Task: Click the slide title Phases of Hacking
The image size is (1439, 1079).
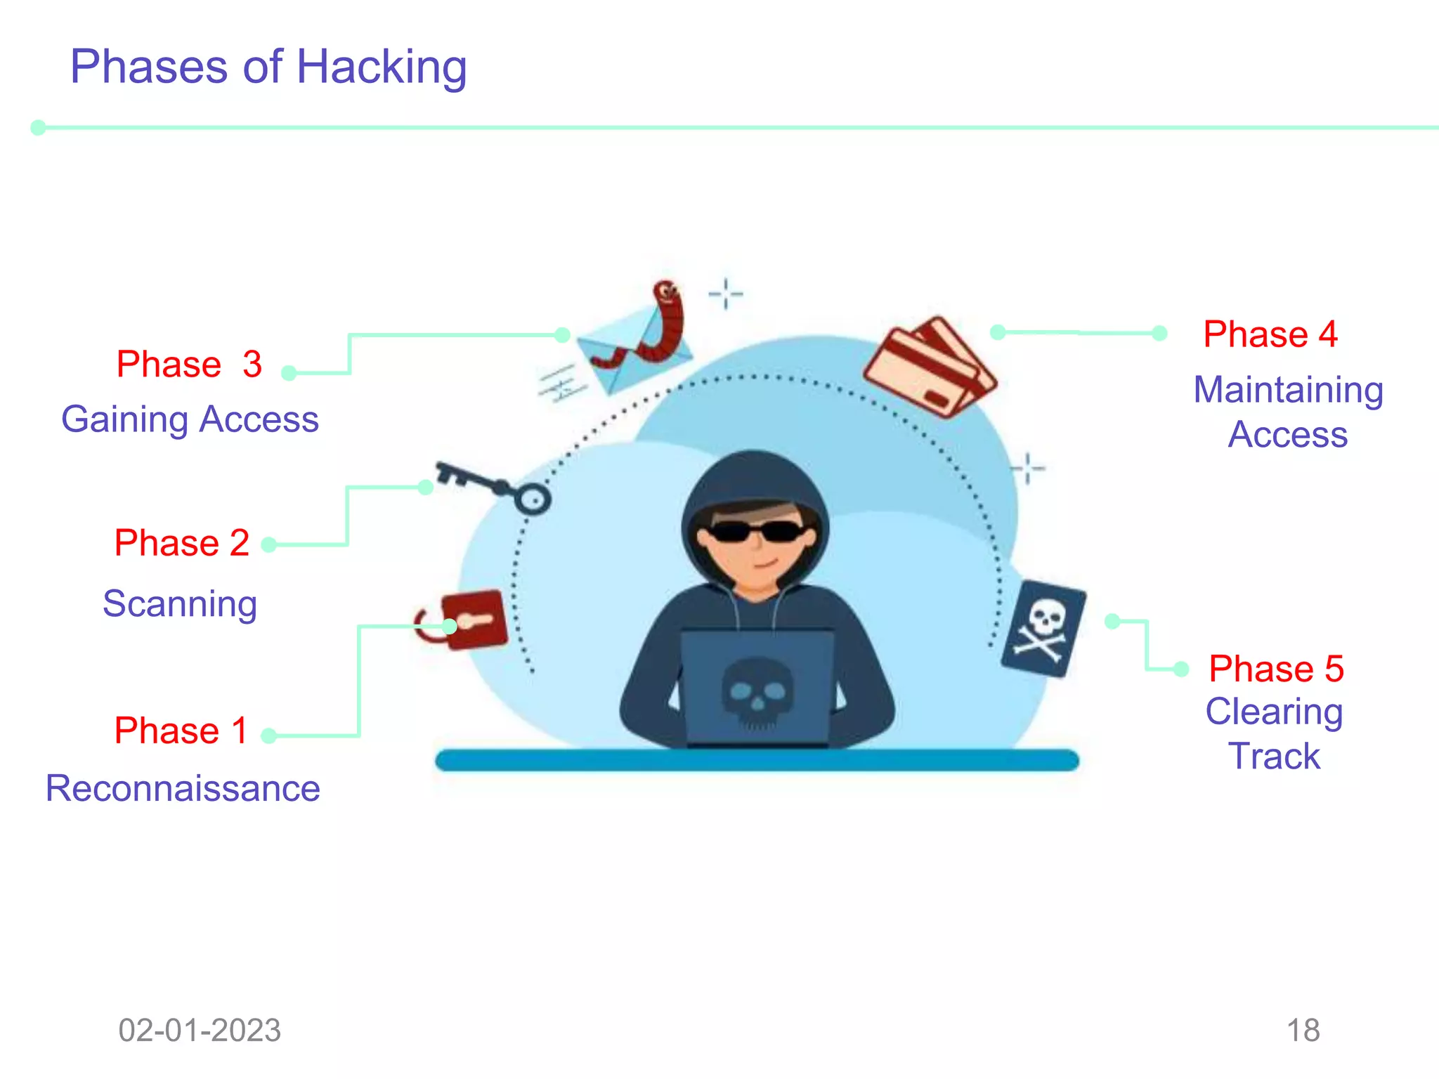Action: (268, 67)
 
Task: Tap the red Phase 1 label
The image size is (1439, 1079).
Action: (181, 731)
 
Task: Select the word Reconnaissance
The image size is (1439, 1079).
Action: (183, 788)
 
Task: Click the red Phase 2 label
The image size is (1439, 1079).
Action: (182, 543)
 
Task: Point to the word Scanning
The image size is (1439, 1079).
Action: (180, 603)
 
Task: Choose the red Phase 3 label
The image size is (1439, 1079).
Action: (189, 364)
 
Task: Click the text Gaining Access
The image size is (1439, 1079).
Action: (190, 419)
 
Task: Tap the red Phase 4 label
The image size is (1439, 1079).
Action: (1270, 334)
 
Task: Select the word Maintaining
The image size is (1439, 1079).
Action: (1288, 390)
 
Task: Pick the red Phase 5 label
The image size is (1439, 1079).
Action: (1276, 668)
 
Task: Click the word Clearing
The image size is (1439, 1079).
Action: (1274, 712)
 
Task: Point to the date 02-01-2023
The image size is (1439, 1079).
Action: (200, 1031)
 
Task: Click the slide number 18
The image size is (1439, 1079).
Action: (1303, 1031)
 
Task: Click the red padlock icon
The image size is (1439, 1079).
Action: (472, 620)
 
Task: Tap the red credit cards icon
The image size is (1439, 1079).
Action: (929, 367)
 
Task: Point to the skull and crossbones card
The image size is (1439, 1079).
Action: (1043, 629)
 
